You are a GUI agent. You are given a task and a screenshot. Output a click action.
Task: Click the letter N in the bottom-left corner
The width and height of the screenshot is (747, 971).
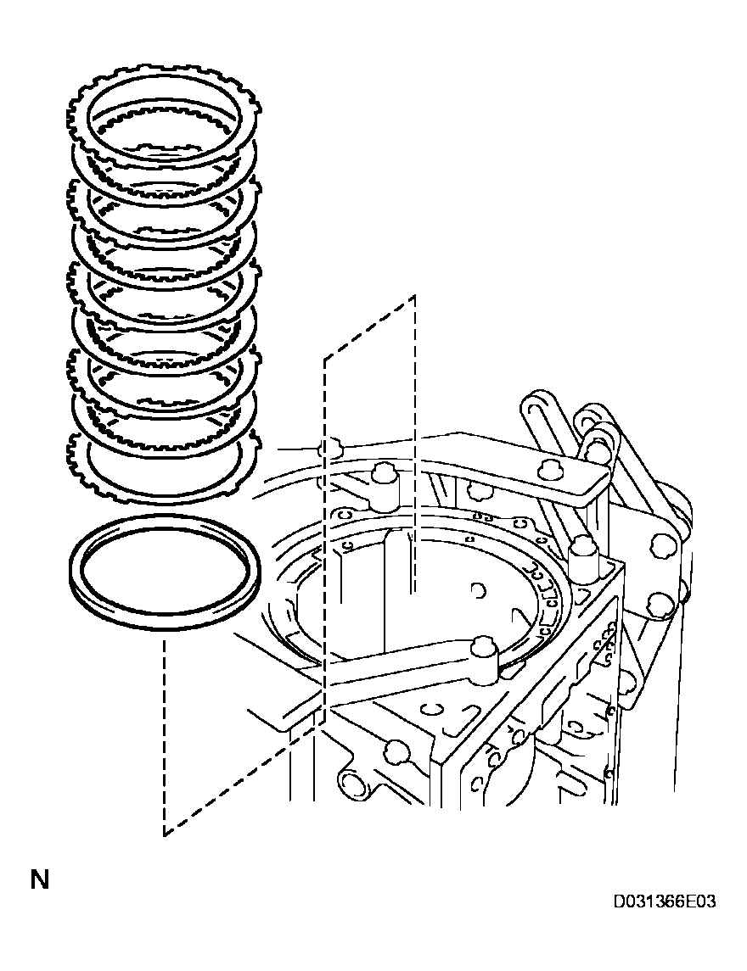(x=39, y=879)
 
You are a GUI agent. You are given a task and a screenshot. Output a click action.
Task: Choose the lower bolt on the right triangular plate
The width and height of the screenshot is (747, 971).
(x=657, y=605)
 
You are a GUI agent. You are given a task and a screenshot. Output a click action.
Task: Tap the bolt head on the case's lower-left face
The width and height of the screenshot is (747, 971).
(x=393, y=750)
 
